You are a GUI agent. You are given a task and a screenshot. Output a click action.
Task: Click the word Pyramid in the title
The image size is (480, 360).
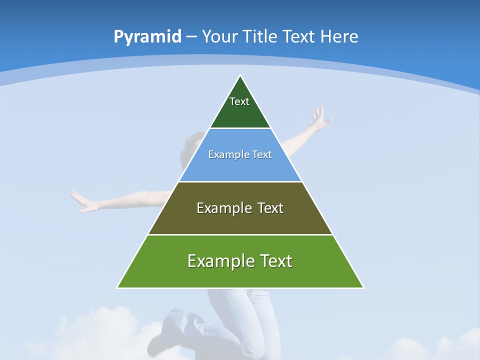147,36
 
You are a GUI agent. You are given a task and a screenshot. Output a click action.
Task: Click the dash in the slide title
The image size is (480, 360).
191,37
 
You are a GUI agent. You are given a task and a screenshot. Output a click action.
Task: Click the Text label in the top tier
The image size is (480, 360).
239,101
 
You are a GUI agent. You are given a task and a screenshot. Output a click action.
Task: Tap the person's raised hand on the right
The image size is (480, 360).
318,119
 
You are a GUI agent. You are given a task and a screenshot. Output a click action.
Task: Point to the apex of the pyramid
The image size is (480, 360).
240,76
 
